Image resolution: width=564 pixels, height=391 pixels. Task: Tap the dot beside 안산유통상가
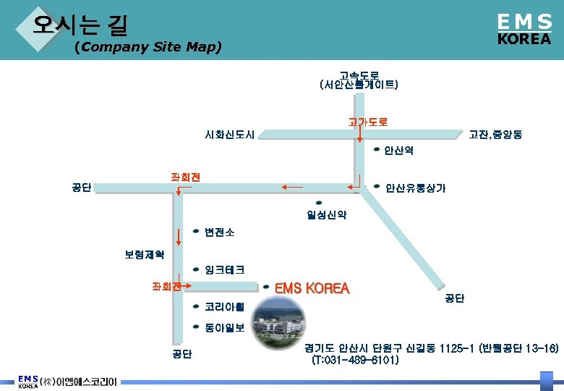pos(377,187)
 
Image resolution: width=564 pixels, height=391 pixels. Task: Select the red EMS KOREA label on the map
pos(312,288)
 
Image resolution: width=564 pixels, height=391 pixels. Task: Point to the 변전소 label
pos(219,232)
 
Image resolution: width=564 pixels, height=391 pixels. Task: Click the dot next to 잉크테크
pos(196,269)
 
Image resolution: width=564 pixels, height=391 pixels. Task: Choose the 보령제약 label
pos(145,255)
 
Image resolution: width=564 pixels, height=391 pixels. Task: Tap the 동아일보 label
pos(224,327)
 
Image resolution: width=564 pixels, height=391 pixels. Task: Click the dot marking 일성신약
pos(320,203)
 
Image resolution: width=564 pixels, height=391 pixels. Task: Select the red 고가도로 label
pos(367,122)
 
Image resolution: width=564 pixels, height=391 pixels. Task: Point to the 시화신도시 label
pos(229,135)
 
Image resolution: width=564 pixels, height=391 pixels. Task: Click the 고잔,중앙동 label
pos(496,135)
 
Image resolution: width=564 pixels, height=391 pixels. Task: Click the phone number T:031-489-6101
pos(354,360)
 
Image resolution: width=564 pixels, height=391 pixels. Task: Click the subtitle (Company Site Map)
pos(148,48)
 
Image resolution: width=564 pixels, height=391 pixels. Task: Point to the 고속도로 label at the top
pos(359,80)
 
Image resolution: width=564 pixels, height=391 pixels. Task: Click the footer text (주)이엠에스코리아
pos(79,382)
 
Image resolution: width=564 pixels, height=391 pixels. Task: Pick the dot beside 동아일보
pos(196,327)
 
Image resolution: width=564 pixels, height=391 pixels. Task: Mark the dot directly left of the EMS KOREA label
pos(265,287)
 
